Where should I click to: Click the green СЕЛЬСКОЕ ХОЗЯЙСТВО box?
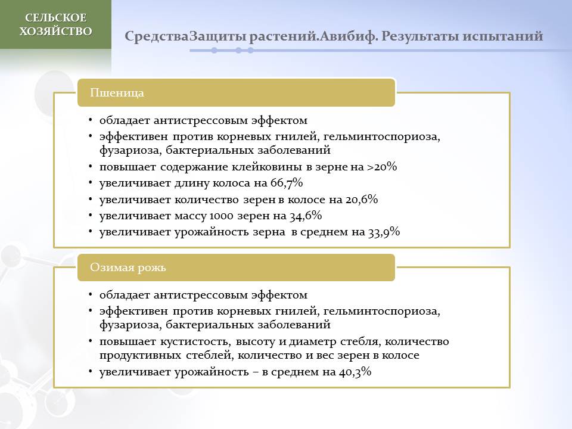55,24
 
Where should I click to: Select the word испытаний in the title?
503,36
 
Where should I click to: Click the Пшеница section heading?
117,93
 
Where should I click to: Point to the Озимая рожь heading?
128,268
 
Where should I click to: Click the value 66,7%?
287,183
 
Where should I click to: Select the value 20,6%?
362,199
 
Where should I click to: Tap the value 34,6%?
306,215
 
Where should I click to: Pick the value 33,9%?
384,232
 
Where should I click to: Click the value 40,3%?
355,372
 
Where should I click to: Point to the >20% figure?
381,167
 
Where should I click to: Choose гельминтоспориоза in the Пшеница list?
382,136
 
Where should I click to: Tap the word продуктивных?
141,356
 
